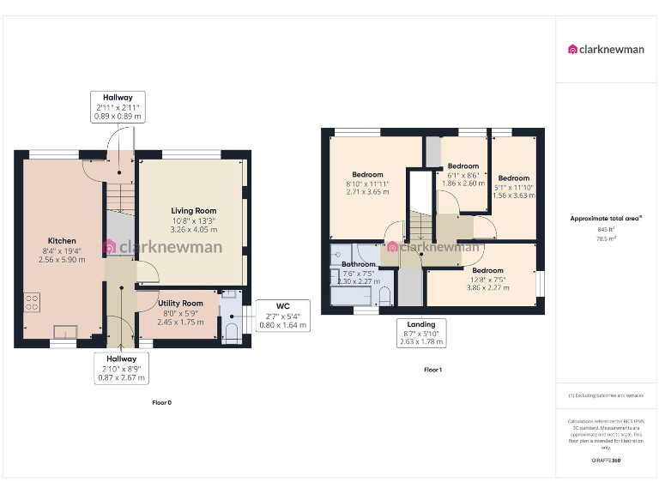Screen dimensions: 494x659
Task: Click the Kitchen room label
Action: pyautogui.click(x=62, y=241)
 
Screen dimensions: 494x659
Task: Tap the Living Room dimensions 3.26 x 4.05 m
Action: pyautogui.click(x=193, y=230)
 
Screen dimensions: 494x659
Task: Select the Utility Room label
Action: pyautogui.click(x=180, y=303)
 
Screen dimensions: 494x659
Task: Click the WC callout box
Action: pyautogui.click(x=282, y=316)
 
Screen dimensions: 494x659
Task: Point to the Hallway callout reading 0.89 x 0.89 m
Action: pyautogui.click(x=118, y=106)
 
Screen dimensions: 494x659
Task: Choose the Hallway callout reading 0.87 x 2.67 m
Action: pyautogui.click(x=121, y=368)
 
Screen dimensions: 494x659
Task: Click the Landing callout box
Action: pyautogui.click(x=420, y=333)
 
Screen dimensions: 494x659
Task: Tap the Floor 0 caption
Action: pyautogui.click(x=161, y=402)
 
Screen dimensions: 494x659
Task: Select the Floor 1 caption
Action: pyautogui.click(x=433, y=370)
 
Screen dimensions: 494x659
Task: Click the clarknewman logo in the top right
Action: pyautogui.click(x=606, y=49)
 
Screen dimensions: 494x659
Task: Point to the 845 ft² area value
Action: pyautogui.click(x=606, y=229)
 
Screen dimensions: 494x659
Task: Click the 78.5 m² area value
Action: pyautogui.click(x=606, y=239)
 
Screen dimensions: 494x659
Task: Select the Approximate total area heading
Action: pyautogui.click(x=606, y=219)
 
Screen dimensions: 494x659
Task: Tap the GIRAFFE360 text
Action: pyautogui.click(x=606, y=461)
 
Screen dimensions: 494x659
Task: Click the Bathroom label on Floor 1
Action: pyautogui.click(x=359, y=264)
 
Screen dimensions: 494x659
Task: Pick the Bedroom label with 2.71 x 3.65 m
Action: pyautogui.click(x=369, y=174)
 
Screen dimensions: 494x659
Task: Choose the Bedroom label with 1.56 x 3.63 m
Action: pyautogui.click(x=515, y=178)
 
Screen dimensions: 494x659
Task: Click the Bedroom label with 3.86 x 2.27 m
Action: pyautogui.click(x=488, y=269)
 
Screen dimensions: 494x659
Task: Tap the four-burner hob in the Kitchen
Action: pyautogui.click(x=32, y=302)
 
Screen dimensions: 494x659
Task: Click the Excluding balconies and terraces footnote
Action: pyautogui.click(x=606, y=395)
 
